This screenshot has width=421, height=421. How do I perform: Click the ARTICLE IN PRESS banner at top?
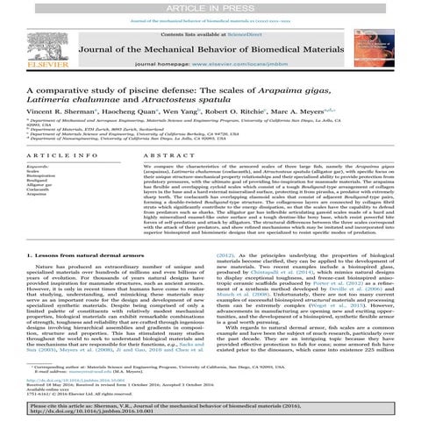coord(210,6)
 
